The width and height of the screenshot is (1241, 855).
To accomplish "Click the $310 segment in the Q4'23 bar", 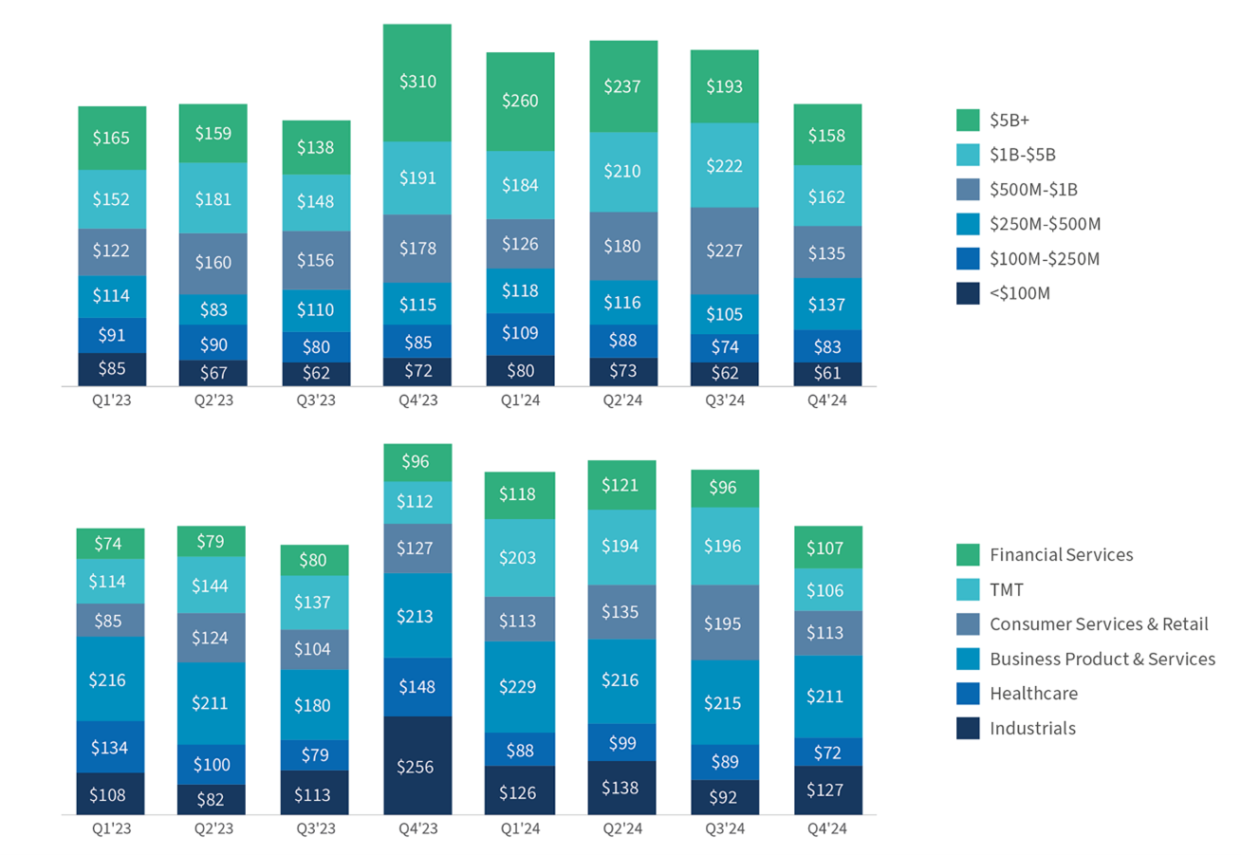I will tap(417, 83).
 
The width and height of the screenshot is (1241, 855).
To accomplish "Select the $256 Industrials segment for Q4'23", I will tap(417, 766).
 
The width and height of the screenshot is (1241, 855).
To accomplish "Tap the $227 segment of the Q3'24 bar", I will tap(725, 251).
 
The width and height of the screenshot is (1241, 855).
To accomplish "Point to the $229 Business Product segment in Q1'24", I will tap(520, 686).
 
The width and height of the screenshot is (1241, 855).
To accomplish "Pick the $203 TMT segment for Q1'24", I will tap(520, 557).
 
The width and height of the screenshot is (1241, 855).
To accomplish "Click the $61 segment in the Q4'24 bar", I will tap(827, 374).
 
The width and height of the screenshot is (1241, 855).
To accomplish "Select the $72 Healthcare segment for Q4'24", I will tap(827, 752).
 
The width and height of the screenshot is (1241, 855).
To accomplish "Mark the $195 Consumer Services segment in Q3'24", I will tap(725, 622).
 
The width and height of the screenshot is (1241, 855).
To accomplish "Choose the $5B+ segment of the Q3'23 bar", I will tap(316, 147).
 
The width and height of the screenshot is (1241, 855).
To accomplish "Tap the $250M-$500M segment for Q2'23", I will tap(213, 309).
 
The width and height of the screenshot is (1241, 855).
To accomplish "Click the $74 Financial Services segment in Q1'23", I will tap(110, 543).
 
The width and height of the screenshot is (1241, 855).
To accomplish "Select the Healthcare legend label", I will tap(1033, 694).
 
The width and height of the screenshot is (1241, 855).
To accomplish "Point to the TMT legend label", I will tap(1007, 589).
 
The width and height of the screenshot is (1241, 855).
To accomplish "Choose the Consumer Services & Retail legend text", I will tap(1099, 624).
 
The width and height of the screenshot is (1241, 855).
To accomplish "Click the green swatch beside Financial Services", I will tap(968, 555).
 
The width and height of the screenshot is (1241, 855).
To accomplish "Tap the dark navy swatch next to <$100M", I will tap(968, 294).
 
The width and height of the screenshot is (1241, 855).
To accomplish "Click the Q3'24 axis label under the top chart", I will tap(725, 401).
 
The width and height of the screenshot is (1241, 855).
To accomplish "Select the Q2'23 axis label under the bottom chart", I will tap(213, 828).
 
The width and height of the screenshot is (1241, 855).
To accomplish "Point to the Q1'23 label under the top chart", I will tap(110, 401).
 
